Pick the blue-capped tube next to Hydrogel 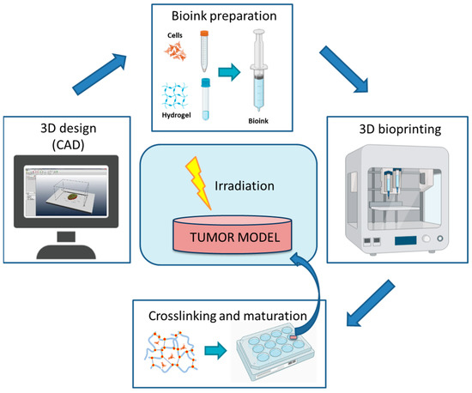(x=206, y=97)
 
